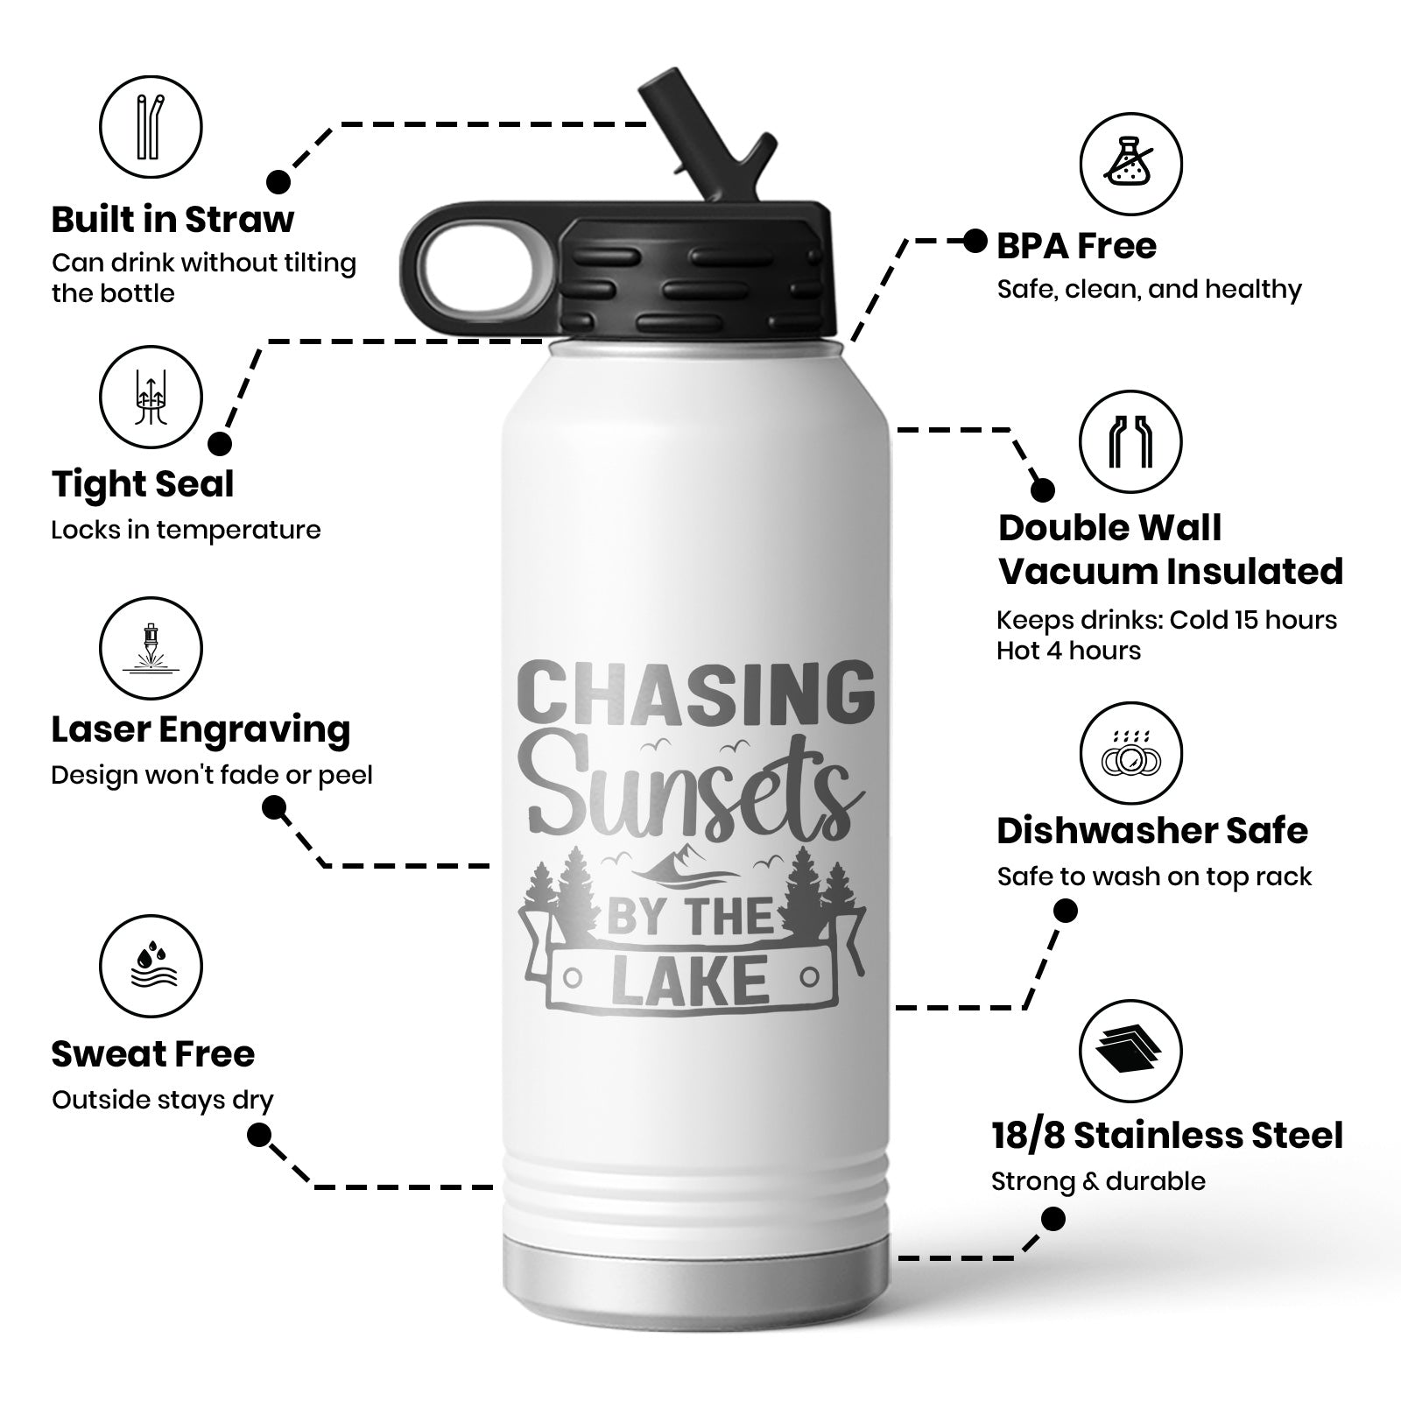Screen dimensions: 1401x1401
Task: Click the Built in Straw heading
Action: click(x=172, y=220)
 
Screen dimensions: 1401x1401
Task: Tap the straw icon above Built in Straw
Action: click(x=151, y=126)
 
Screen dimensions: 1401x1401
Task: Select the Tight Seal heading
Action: click(x=143, y=484)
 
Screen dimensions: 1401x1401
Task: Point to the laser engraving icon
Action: click(x=151, y=650)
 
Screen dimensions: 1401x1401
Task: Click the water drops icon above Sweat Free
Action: click(x=151, y=967)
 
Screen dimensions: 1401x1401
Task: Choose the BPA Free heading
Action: click(x=1076, y=246)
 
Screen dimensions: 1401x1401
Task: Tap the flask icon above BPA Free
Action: click(x=1130, y=164)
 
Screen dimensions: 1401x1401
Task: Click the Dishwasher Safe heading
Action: click(x=1151, y=831)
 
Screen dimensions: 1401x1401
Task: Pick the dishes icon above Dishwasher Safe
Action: click(x=1130, y=754)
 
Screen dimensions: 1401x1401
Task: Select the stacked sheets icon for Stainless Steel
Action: click(x=1130, y=1051)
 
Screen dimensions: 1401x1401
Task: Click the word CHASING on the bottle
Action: click(x=693, y=692)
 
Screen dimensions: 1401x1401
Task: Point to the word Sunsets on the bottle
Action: click(x=692, y=793)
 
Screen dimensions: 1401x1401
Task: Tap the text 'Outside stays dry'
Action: click(x=162, y=1100)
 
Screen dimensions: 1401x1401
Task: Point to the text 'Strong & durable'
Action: click(x=1098, y=1181)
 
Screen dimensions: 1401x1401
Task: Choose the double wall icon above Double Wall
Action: click(x=1130, y=441)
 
